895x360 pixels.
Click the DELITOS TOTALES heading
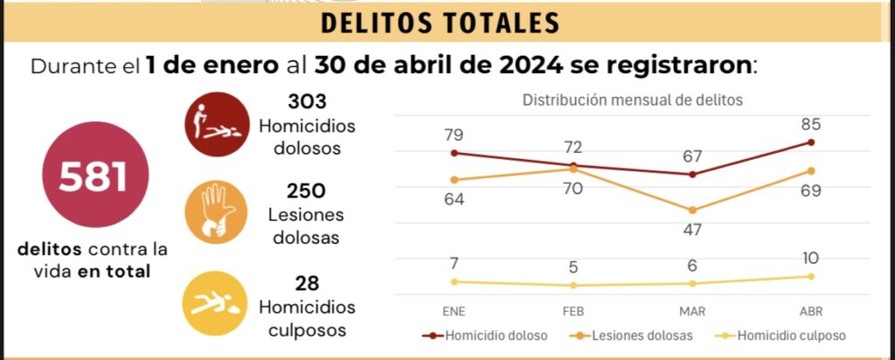point(439,24)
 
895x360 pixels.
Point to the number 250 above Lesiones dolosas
point(307,190)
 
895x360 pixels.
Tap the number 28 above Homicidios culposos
point(307,282)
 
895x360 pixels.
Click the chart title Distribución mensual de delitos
point(632,100)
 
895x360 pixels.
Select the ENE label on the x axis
point(454,311)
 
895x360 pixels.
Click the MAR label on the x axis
point(692,311)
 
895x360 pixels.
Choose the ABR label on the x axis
point(811,311)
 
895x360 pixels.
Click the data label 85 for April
point(811,124)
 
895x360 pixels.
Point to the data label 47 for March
point(692,230)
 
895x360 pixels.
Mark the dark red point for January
point(454,153)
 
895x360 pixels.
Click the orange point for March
point(692,211)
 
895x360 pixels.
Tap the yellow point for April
point(811,276)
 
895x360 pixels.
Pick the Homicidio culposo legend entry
point(780,335)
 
